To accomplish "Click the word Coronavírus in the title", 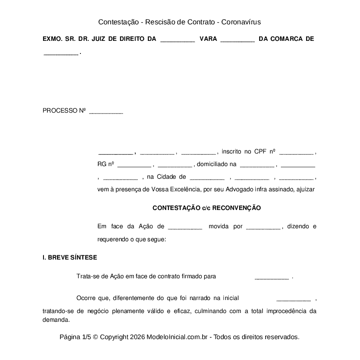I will [241, 22].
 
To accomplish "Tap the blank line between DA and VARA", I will [177, 40].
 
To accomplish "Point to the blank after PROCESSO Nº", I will [106, 112].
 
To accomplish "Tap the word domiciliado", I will [213, 164].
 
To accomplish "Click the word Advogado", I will [247, 189].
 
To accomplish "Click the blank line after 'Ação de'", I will [184, 228].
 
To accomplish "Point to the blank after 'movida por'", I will [263, 228].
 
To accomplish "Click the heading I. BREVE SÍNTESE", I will [70, 257].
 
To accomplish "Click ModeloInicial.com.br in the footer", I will [179, 337].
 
